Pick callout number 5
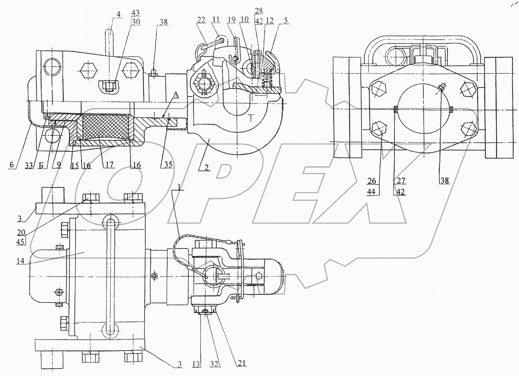[285, 21]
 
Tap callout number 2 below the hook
[206, 168]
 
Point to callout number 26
[371, 181]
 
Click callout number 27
[401, 181]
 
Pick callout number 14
[20, 261]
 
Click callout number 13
[196, 365]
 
